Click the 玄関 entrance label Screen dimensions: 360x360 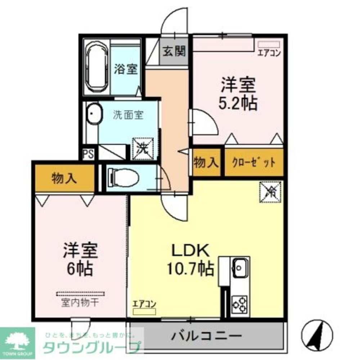tap(174, 52)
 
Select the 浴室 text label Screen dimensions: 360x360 tap(126, 69)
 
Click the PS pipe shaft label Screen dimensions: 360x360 tap(88, 154)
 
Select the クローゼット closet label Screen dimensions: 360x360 tap(254, 162)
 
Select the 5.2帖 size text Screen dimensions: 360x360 tap(238, 103)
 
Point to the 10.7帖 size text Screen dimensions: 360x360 tap(190, 268)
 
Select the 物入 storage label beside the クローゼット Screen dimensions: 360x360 tap(206, 163)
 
